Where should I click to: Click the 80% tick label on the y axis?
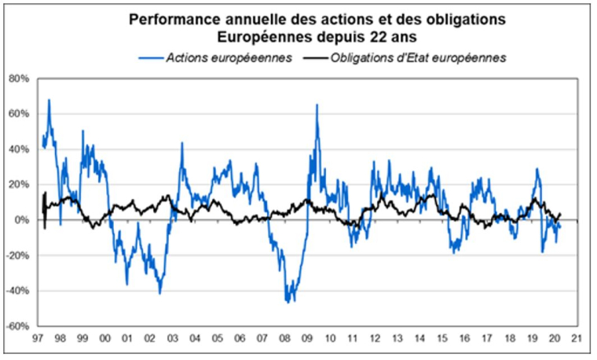tap(18, 79)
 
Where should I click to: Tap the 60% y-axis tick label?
tap(18, 114)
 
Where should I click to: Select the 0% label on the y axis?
tap(21, 220)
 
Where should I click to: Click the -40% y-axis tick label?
tap(17, 291)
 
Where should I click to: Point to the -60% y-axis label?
tap(17, 326)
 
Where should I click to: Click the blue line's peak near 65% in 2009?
tap(317, 105)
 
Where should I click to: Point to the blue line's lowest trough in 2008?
tap(288, 303)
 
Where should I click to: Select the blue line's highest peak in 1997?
tap(49, 100)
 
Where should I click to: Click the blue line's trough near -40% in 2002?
tap(159, 293)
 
